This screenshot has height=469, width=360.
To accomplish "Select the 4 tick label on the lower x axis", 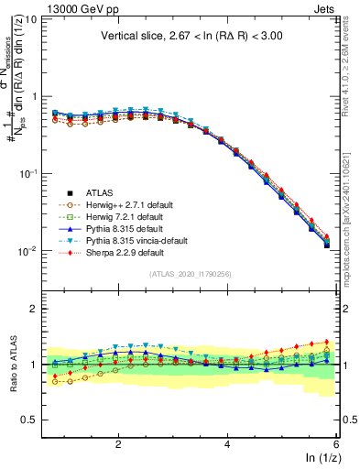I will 227,443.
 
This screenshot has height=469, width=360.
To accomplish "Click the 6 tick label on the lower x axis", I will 335,443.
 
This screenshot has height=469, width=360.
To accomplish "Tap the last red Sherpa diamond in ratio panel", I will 327,342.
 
